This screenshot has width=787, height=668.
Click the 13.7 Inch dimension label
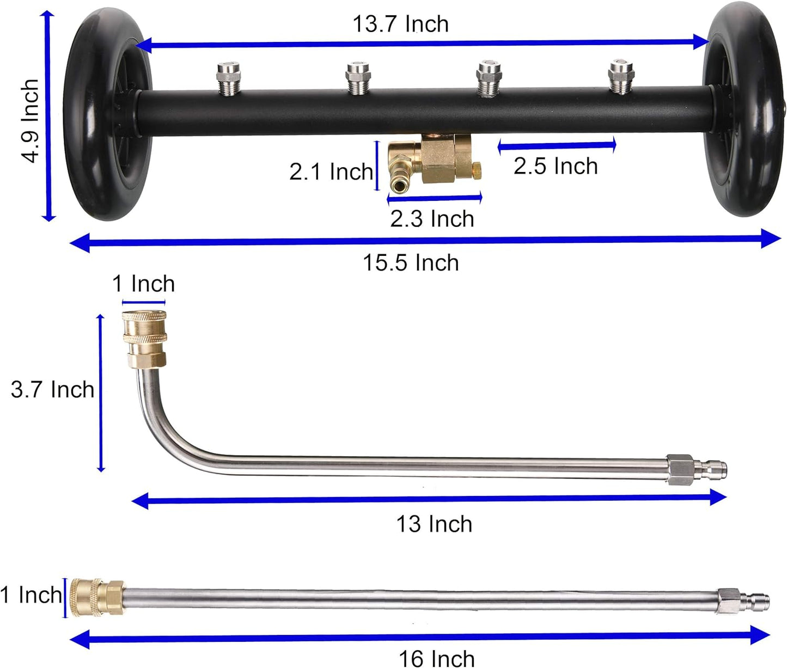tap(400, 24)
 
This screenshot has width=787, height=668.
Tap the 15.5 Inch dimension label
tap(411, 262)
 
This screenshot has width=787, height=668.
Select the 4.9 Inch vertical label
tap(30, 121)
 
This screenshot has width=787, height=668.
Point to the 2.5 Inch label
tap(556, 166)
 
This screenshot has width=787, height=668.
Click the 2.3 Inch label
tap(432, 219)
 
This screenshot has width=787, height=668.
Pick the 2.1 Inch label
tap(331, 171)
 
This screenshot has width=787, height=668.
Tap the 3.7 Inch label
tap(52, 389)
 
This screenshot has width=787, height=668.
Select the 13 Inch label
tap(434, 524)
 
